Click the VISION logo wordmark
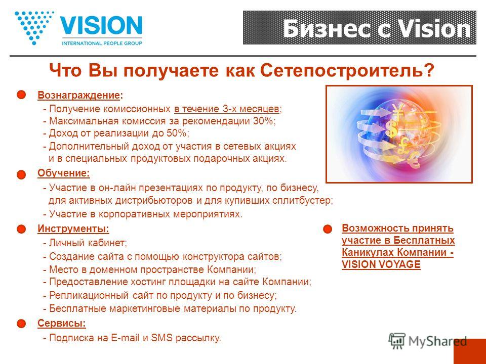(x=101, y=26)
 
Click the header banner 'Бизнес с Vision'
(x=359, y=27)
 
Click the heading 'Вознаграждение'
(x=78, y=95)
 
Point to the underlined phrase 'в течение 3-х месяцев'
(x=227, y=109)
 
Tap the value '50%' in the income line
(x=177, y=133)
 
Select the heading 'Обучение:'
(x=64, y=173)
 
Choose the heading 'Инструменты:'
(x=73, y=229)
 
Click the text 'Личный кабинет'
(x=87, y=243)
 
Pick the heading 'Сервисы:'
(x=62, y=323)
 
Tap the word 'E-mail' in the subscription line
(x=125, y=338)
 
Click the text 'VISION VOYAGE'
(x=381, y=264)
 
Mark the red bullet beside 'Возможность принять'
(x=328, y=230)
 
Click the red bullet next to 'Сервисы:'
(x=21, y=324)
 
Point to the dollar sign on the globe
(x=391, y=129)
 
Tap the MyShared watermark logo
(x=428, y=341)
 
